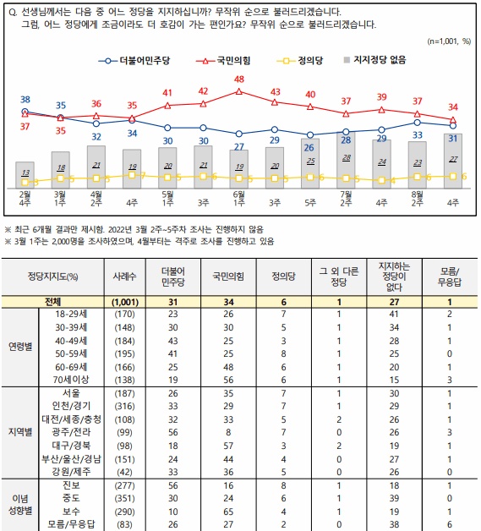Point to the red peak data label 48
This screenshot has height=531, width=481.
(239, 79)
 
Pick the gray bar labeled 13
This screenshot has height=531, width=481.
(25, 174)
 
